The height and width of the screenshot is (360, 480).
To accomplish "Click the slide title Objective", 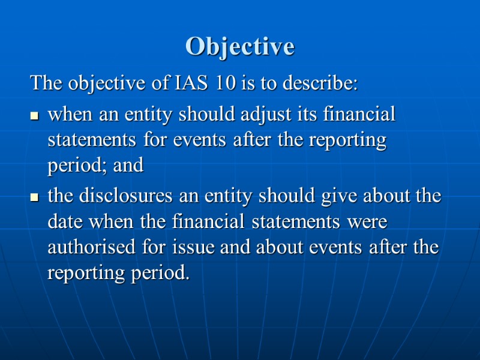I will coord(240,46).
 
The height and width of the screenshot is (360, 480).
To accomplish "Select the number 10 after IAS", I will coord(227,83).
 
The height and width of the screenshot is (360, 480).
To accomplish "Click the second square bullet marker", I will coord(35,197).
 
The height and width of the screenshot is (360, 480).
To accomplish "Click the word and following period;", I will coord(128,166).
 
